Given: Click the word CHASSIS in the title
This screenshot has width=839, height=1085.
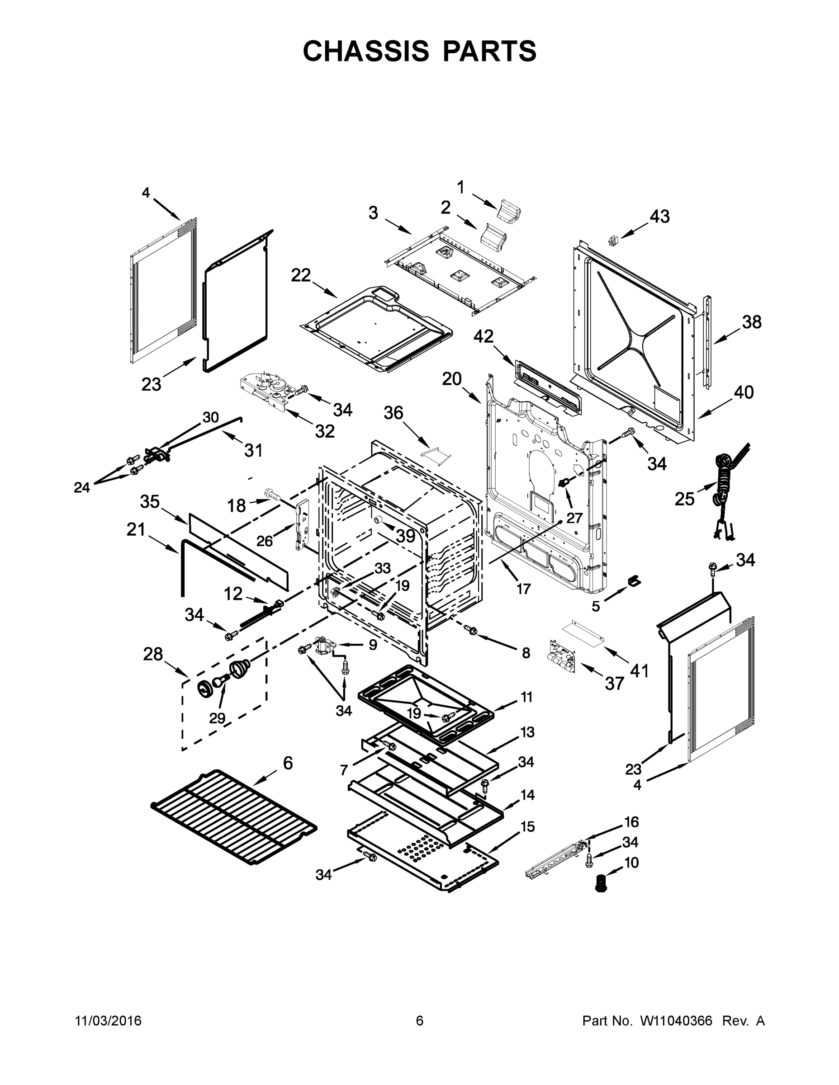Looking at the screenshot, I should [x=365, y=51].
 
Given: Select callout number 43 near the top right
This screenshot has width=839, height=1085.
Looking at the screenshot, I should [x=659, y=217].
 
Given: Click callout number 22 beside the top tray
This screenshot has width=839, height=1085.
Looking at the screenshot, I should [x=301, y=275].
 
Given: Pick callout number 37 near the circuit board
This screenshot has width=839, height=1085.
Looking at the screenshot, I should [x=614, y=684].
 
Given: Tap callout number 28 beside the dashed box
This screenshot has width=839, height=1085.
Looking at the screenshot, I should [x=152, y=654].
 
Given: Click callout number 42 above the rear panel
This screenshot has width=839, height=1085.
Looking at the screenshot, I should [x=483, y=337].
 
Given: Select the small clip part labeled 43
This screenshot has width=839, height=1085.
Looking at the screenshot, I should [x=613, y=240].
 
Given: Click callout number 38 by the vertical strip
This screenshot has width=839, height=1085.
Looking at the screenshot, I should [x=752, y=322].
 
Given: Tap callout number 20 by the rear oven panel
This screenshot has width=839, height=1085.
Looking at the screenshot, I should [x=452, y=379].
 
